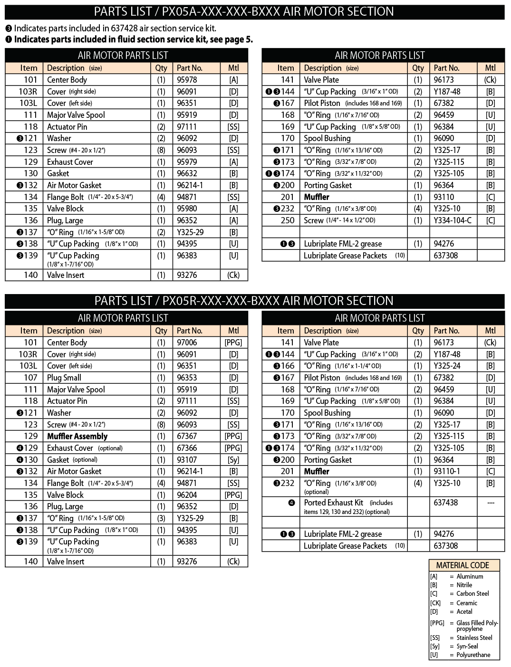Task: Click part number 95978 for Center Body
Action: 187,80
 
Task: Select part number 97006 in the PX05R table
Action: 187,343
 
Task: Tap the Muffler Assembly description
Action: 77,436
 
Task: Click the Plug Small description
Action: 64,378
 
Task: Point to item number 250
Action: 288,220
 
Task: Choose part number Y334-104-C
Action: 453,220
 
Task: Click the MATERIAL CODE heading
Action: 463,565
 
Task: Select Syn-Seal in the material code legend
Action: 467,646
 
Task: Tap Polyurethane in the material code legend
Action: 473,655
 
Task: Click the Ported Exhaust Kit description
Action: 334,503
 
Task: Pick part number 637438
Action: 446,503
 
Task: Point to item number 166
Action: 288,366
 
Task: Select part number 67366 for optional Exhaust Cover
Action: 187,448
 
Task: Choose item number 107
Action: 30,378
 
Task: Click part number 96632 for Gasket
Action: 187,173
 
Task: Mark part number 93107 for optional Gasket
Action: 187,459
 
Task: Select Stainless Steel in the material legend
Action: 474,638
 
